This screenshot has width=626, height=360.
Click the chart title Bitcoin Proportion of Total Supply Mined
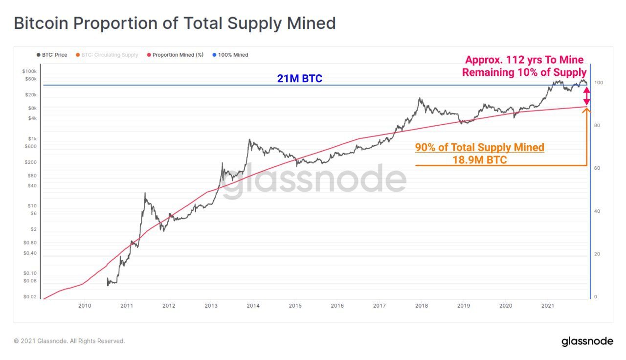coord(175,23)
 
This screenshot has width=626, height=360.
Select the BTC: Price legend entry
coord(52,55)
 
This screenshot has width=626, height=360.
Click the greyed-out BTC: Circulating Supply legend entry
coord(110,55)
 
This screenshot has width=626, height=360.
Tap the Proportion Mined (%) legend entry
coord(175,55)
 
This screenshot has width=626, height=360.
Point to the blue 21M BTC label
coord(300,78)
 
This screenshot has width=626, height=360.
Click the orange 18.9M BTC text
coord(479,160)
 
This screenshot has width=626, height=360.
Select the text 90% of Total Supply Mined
coord(479,147)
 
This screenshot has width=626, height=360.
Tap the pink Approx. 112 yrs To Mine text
coord(524,60)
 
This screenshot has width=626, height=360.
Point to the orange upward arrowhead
coord(586,111)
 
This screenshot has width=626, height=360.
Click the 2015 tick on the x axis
coord(295,306)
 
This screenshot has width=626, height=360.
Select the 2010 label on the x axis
coord(84,306)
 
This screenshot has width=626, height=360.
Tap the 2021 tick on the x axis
coord(548,306)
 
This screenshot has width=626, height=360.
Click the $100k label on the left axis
coord(30,71)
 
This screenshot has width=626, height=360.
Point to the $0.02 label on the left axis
coord(30,297)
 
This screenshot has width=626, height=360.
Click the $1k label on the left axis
coord(32,139)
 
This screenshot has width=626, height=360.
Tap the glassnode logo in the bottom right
coord(587,341)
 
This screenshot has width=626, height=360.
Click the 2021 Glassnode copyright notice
coord(69,341)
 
